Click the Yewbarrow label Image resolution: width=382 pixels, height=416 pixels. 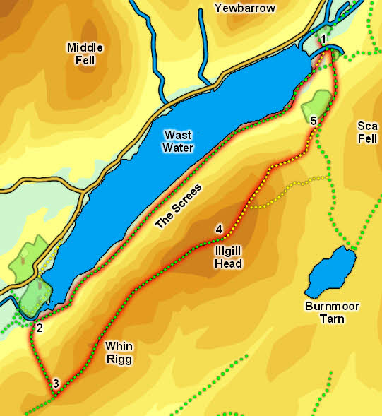pos(245,8)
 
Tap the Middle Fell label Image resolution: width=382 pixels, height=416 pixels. pos(85,54)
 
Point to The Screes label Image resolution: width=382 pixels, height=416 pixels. pos(178,206)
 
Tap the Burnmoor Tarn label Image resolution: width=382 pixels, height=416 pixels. pos(329,313)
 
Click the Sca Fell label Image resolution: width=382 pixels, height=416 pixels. pos(367,131)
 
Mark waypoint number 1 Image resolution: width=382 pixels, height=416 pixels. pos(323,38)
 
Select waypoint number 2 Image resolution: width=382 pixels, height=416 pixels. pos(40,328)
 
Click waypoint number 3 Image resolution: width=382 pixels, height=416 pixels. pos(56,384)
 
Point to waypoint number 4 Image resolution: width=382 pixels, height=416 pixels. pos(219,230)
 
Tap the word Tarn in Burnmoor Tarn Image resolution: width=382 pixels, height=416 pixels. pos(329,319)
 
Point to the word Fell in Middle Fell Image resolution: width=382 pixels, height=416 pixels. pos(85,60)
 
